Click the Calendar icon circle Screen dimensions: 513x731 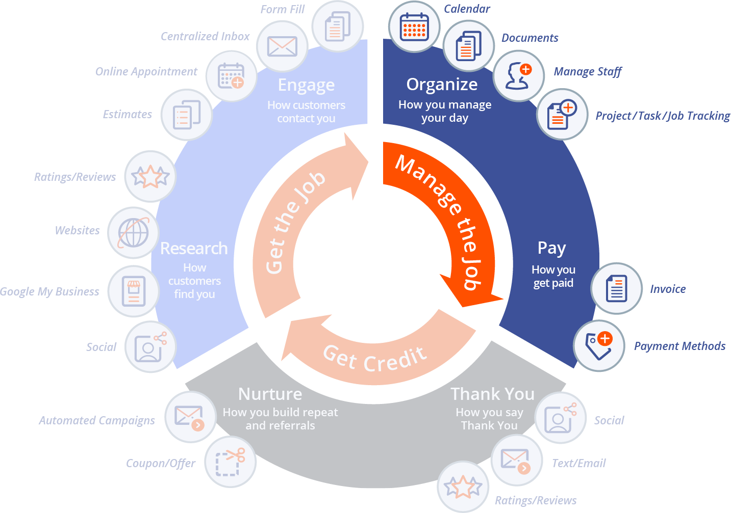tap(414, 26)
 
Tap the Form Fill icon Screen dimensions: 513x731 tap(338, 26)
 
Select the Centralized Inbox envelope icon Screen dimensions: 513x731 tap(282, 47)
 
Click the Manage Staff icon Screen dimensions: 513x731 tap(519, 76)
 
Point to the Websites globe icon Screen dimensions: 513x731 tap(134, 233)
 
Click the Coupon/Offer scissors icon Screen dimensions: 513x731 tap(231, 462)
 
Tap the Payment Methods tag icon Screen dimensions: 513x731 tap(599, 345)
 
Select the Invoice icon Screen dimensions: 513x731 tap(616, 288)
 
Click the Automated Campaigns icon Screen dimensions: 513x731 tap(190, 417)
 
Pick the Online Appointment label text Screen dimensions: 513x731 tap(146, 72)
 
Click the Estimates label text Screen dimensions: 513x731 tap(128, 115)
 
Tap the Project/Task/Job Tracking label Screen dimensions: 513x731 tap(663, 116)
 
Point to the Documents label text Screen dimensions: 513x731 tap(530, 38)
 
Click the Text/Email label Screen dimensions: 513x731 tap(578, 464)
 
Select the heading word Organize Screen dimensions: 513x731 tap(442, 85)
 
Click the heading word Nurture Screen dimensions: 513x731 tap(270, 394)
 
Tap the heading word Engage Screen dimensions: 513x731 tap(306, 85)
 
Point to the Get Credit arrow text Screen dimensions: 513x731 tap(375, 359)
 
